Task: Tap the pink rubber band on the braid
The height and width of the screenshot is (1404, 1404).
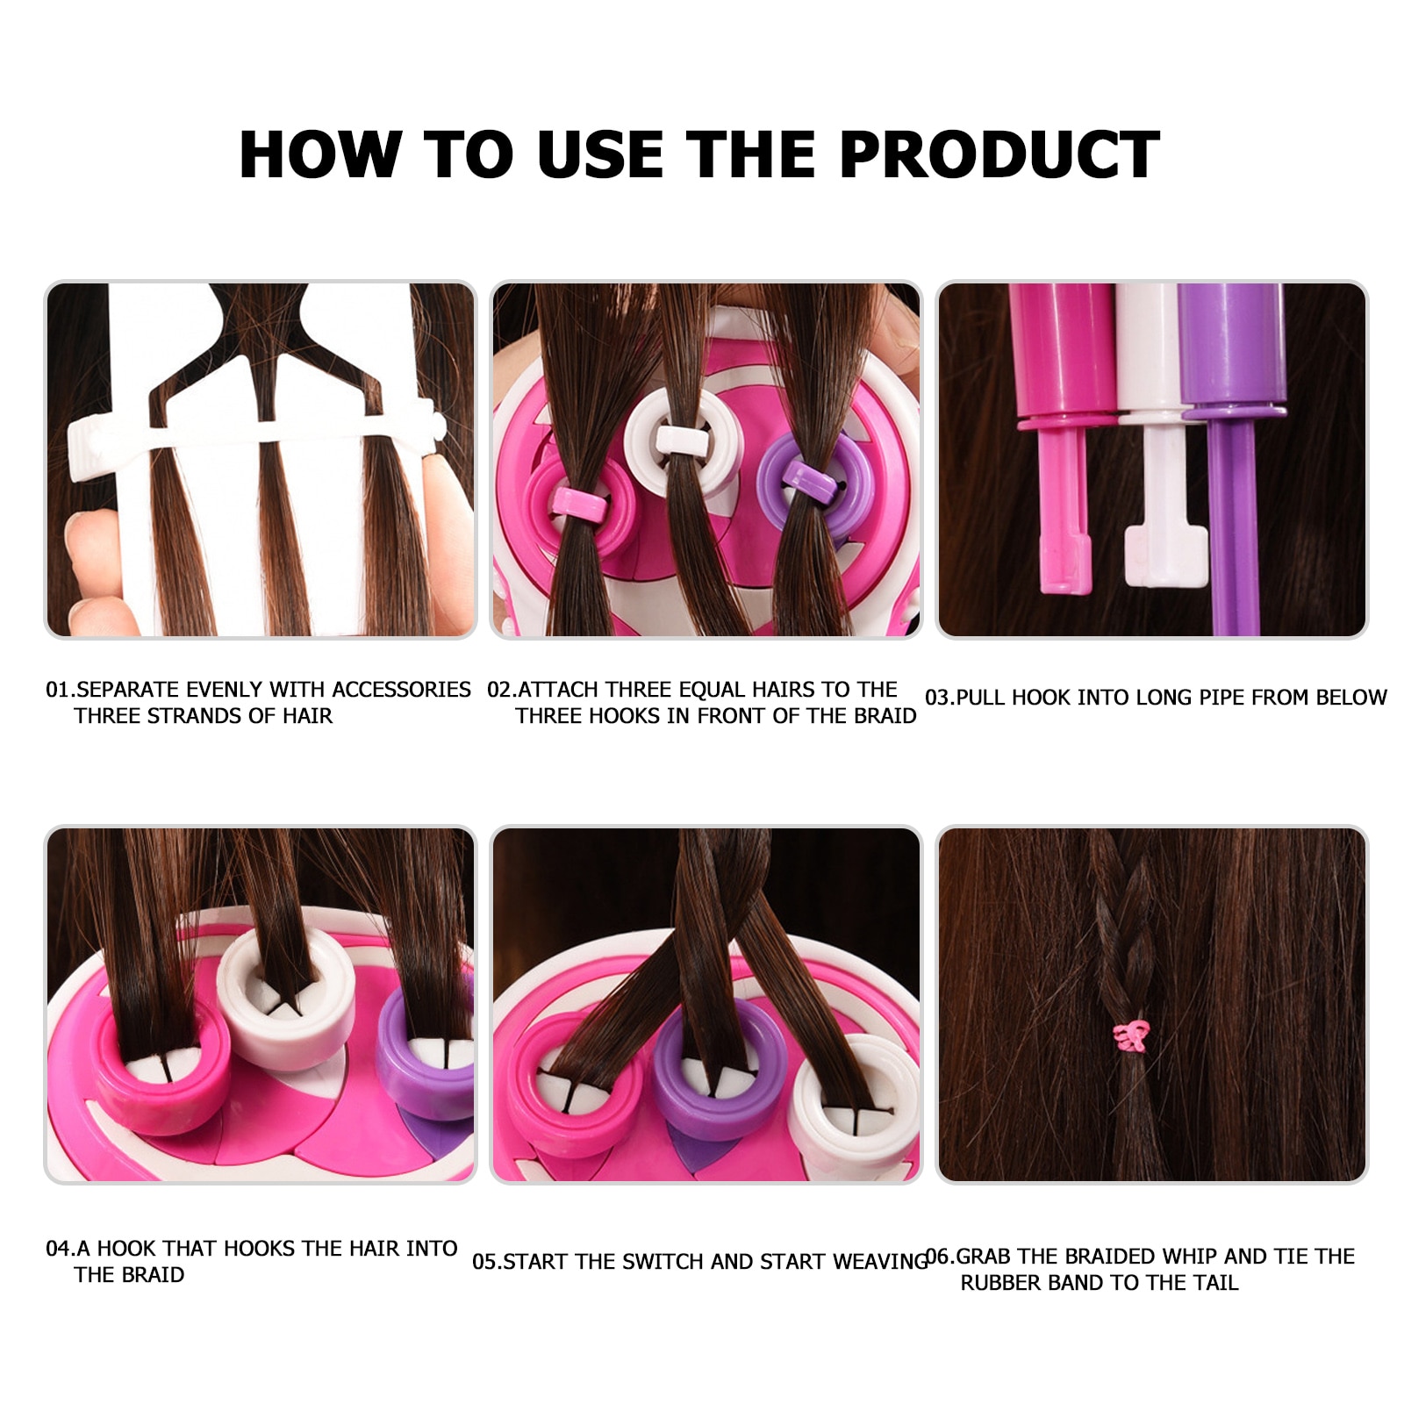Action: tap(1131, 1036)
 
